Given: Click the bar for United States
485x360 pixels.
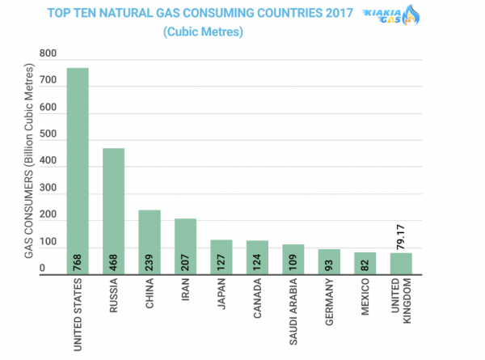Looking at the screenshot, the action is (x=78, y=171).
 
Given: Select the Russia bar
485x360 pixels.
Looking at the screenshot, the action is (x=113, y=211).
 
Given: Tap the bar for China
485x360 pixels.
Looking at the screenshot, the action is (x=150, y=242).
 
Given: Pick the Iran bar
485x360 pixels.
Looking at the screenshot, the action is (x=185, y=247).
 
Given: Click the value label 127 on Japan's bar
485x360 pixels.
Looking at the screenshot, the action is (x=221, y=262).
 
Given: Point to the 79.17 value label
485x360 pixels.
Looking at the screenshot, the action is (x=401, y=237).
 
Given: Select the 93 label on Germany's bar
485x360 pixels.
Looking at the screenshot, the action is (x=329, y=265).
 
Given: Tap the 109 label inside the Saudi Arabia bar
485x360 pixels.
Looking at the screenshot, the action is (x=293, y=262).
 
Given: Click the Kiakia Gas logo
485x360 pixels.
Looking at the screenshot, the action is (x=391, y=15).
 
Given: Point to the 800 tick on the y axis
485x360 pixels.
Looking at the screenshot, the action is (x=48, y=53).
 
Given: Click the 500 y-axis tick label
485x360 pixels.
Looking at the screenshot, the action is (x=48, y=133).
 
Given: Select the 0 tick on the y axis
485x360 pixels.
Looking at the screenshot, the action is (x=42, y=268).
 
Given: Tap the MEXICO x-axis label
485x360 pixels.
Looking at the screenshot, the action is (x=365, y=297).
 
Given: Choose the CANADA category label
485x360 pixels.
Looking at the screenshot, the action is (x=257, y=298).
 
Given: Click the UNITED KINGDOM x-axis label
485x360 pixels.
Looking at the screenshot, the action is (x=401, y=301).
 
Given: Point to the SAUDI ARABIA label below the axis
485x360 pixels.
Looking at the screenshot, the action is (x=293, y=311).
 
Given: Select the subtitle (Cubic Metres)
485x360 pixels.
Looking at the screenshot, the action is (x=203, y=32).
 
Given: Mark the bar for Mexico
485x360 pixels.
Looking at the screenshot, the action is (x=365, y=264).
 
